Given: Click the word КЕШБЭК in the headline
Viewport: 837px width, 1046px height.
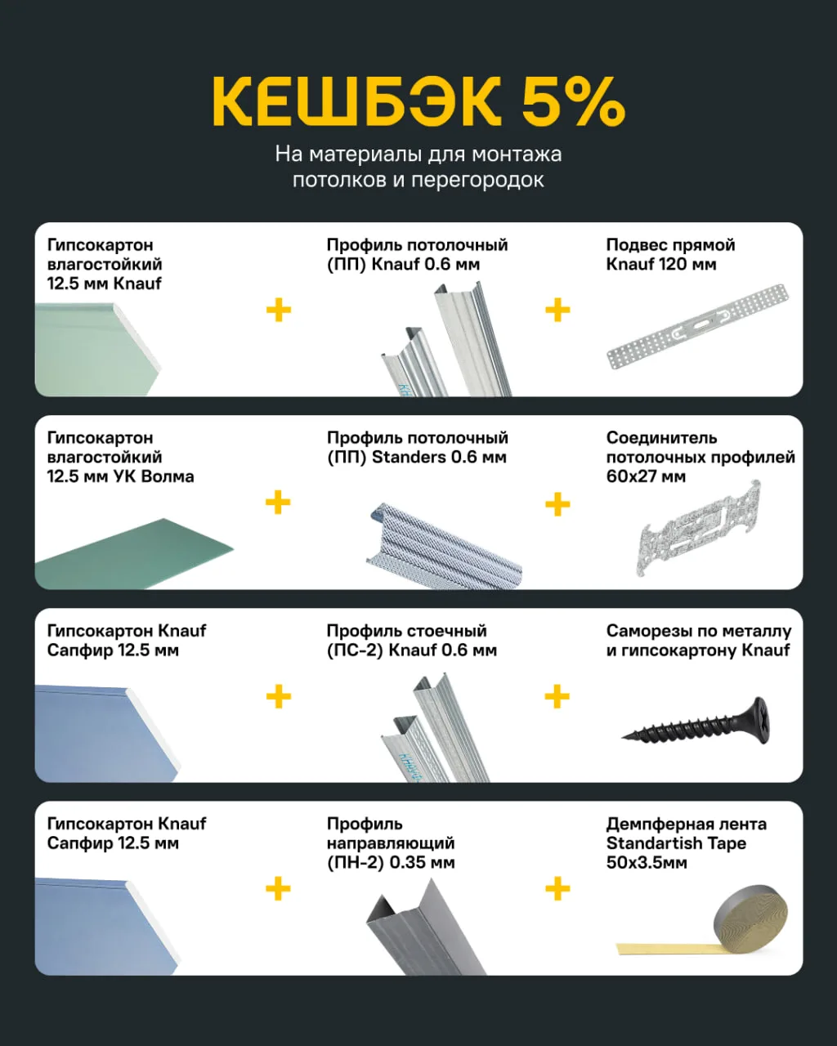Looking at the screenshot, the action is pos(356,101).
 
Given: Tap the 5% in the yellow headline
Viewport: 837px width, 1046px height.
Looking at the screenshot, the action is pos(574,101).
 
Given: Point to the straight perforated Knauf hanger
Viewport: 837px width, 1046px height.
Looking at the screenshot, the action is pos(698,326).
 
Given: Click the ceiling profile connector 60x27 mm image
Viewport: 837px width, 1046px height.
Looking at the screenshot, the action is pos(698,529).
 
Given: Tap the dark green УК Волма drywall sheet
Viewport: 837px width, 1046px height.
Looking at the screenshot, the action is pos(134,554).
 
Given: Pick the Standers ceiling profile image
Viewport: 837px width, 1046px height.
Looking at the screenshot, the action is pos(444,546).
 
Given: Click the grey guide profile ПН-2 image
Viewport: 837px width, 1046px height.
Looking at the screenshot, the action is pos(427,928).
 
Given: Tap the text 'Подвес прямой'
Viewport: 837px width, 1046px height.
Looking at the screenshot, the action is pos(670,245).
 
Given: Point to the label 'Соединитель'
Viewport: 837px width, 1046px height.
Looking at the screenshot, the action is pos(661,438).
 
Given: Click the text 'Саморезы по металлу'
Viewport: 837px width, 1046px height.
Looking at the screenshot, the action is pos(698,631).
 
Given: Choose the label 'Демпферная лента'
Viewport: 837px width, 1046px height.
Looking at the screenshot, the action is pos(687,824).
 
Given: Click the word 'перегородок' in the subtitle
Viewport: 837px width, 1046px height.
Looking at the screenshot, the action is pos(477,181).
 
